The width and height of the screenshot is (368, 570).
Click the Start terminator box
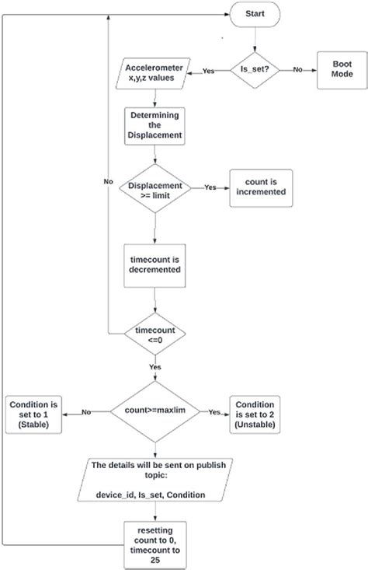point(253,13)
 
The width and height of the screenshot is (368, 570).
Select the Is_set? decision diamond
point(254,70)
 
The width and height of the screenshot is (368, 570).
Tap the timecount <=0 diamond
point(155,335)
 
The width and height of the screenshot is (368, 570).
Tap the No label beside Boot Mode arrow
point(298,69)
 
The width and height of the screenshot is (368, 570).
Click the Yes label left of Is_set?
point(209,71)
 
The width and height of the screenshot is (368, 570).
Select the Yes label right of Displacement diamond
point(210,187)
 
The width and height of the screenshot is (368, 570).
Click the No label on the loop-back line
point(109,180)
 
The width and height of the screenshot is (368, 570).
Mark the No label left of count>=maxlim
point(86,412)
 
